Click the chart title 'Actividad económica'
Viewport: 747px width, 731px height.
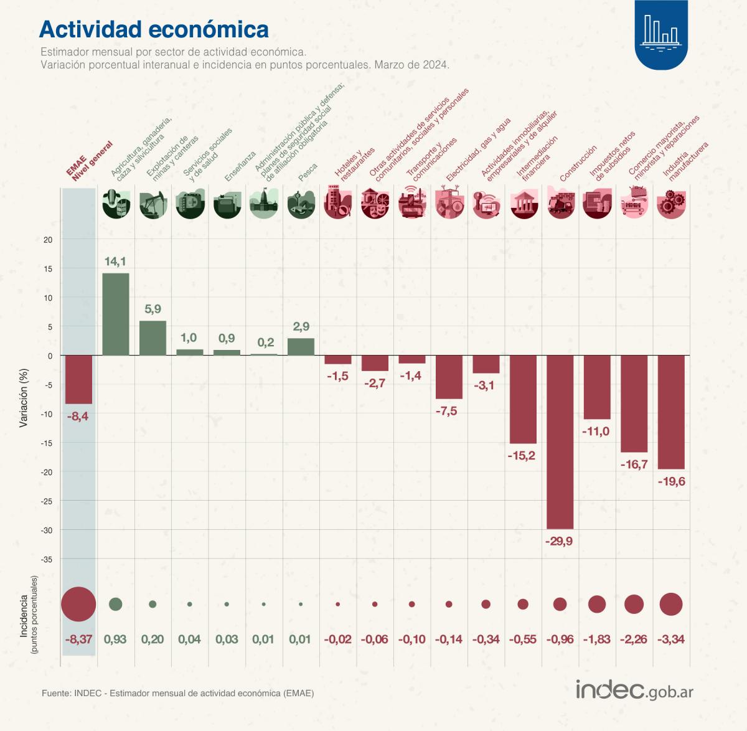(154, 29)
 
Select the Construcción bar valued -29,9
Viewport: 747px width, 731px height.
(560, 441)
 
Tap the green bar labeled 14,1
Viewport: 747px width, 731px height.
(116, 314)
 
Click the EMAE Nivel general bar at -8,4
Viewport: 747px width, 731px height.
(78, 379)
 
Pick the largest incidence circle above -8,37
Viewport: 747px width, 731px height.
(78, 604)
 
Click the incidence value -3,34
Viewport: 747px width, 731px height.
(671, 639)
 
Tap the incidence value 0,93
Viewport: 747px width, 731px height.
(116, 639)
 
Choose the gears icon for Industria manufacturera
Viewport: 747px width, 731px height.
(671, 204)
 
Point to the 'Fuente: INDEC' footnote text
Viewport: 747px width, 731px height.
(177, 693)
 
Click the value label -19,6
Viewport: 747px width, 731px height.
(671, 481)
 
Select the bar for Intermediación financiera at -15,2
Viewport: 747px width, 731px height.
(523, 399)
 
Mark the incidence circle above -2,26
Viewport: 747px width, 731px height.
(634, 604)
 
